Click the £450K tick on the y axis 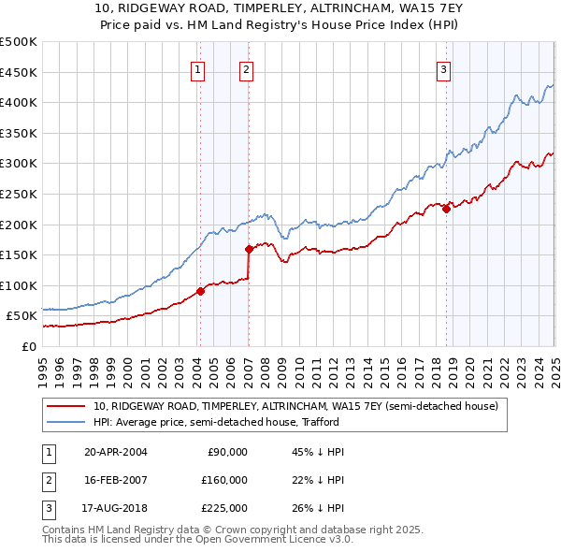pyautogui.click(x=19, y=72)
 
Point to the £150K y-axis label pyautogui.click(x=19, y=254)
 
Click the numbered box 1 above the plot pyautogui.click(x=199, y=68)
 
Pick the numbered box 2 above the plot pyautogui.click(x=246, y=68)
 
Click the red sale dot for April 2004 pyautogui.click(x=200, y=291)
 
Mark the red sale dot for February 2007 pyautogui.click(x=249, y=249)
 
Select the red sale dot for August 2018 pyautogui.click(x=446, y=210)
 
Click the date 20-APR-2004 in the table pyautogui.click(x=116, y=452)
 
